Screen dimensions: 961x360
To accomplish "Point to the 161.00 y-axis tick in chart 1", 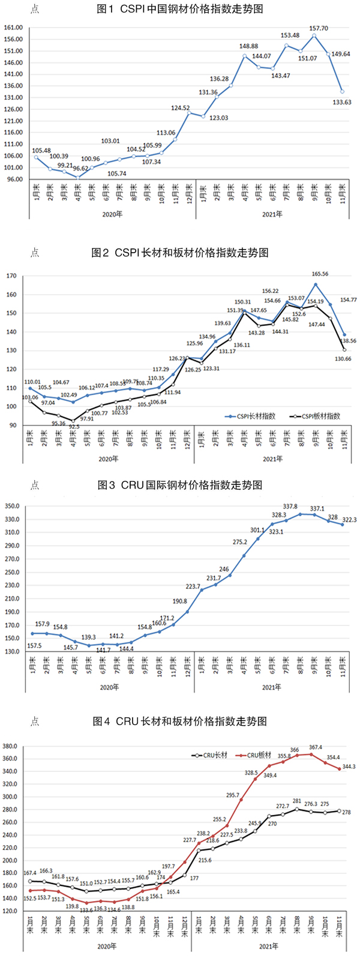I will [x=13, y=28].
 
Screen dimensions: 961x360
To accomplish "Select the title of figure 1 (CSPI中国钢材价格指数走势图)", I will [x=179, y=9].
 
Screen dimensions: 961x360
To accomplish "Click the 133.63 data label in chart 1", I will [x=342, y=103].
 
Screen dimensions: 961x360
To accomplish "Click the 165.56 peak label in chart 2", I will [x=317, y=274].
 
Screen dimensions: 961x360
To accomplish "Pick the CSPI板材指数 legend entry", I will [x=316, y=416].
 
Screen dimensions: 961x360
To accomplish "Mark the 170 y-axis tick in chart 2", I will [x=11, y=276].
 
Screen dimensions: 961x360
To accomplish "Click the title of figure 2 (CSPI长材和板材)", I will [x=179, y=253].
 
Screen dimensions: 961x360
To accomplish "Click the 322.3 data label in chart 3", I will [x=349, y=520].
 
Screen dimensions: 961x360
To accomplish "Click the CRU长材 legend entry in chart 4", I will [x=214, y=755].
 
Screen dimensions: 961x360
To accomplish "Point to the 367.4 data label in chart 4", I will [x=316, y=747].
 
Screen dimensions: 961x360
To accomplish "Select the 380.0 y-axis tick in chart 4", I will [x=11, y=746].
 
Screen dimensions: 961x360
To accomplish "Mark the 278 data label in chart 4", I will [x=346, y=812].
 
